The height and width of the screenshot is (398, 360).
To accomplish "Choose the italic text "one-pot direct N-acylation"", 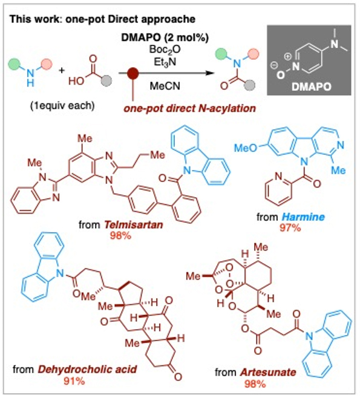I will click(x=179, y=106).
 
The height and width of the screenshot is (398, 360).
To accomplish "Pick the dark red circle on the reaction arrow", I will click(x=131, y=73).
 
